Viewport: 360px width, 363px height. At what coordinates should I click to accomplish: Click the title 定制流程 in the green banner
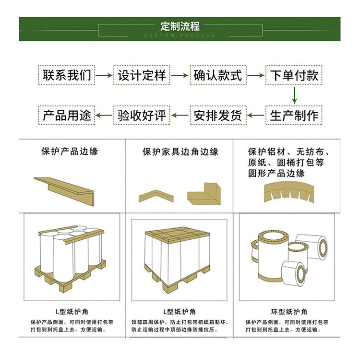(180, 26)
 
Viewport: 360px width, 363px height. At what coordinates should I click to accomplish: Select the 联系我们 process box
(66, 75)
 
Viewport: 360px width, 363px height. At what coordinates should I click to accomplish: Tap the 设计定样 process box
(142, 75)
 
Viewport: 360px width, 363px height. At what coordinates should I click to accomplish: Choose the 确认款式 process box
(218, 75)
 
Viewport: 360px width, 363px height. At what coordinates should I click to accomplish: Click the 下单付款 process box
(294, 75)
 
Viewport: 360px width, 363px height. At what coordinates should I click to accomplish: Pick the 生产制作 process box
(294, 115)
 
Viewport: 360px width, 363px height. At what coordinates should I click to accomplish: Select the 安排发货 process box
(218, 115)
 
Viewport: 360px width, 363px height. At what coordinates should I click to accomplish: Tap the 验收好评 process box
(142, 115)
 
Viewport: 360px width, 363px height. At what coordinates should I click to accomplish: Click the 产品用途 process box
(66, 115)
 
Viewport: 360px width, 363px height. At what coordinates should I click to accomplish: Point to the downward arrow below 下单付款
(294, 95)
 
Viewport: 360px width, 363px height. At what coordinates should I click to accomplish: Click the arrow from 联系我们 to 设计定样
(104, 75)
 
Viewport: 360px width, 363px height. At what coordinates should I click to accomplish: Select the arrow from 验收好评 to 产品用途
(104, 115)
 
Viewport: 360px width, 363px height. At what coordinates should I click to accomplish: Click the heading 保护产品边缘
(70, 152)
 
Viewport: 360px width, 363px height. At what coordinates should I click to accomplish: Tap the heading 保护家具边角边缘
(180, 152)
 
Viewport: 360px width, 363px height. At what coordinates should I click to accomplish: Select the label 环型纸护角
(287, 312)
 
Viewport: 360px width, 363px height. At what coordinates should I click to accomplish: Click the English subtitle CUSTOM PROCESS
(180, 36)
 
